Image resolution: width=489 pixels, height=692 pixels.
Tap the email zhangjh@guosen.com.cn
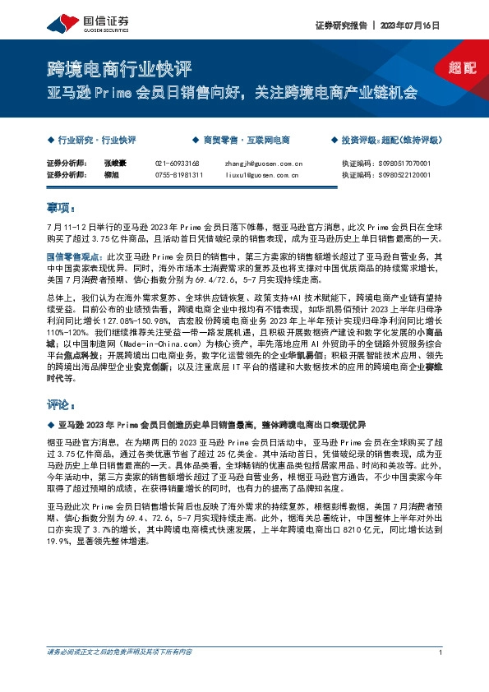pos(263,164)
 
